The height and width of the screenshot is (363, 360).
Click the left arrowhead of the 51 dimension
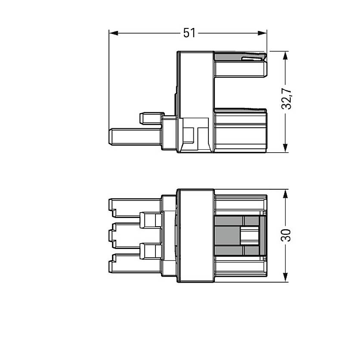click(x=113, y=33)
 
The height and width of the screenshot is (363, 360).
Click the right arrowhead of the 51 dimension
click(x=262, y=33)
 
